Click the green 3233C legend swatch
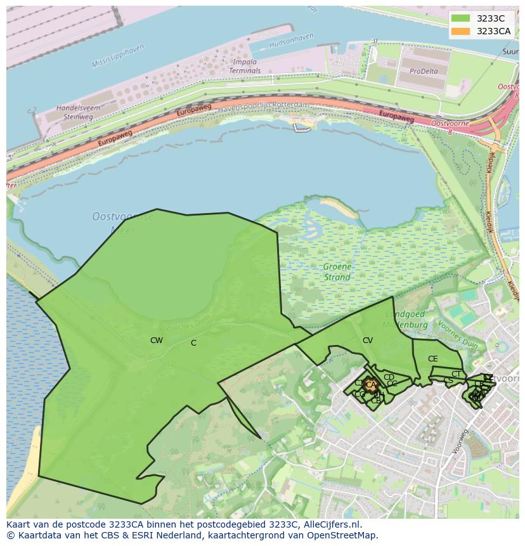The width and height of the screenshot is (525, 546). pyautogui.click(x=461, y=18)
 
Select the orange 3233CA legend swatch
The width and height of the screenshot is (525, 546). pyautogui.click(x=461, y=31)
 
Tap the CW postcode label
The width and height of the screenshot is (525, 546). pyautogui.click(x=156, y=341)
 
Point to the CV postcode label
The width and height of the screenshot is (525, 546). pyautogui.click(x=368, y=341)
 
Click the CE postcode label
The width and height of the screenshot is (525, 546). pyautogui.click(x=432, y=359)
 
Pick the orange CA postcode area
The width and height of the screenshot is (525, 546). pyautogui.click(x=371, y=385)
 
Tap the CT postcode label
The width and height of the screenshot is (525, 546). pyautogui.click(x=456, y=374)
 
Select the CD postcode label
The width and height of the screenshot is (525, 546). pyautogui.click(x=389, y=377)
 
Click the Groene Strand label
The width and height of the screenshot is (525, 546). pyautogui.click(x=337, y=272)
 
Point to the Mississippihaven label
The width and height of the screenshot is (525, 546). pyautogui.click(x=117, y=56)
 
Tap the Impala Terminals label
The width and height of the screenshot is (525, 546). pyautogui.click(x=245, y=67)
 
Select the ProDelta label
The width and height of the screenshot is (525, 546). pyautogui.click(x=424, y=71)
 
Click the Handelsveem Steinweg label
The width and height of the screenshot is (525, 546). pyautogui.click(x=78, y=112)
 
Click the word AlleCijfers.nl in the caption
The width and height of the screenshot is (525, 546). pyautogui.click(x=332, y=524)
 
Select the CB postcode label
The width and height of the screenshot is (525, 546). pyautogui.click(x=376, y=400)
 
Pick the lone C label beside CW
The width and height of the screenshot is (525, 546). pyautogui.click(x=193, y=343)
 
